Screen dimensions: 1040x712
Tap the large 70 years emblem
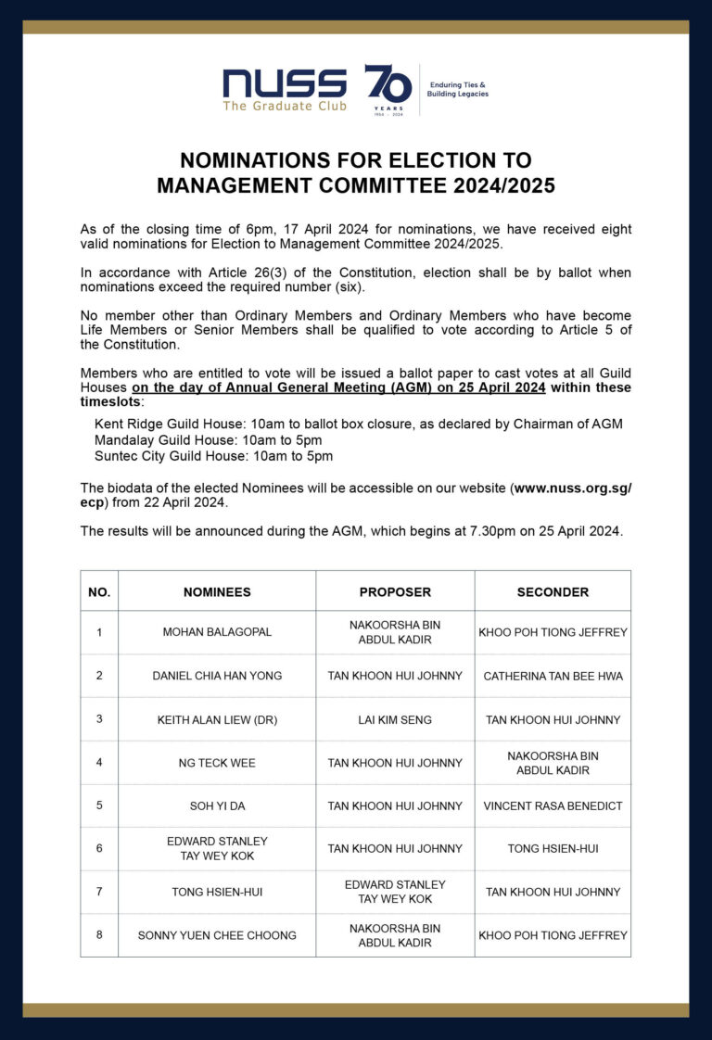pos(388,87)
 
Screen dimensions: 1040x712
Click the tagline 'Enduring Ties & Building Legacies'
pos(457,89)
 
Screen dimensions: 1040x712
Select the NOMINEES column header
pos(217,592)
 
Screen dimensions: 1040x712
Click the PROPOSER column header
pos(395,592)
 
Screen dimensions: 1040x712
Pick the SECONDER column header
pos(553,592)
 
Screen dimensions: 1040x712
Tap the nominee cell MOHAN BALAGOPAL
pos(217,632)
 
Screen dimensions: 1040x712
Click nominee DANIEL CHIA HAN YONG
pos(217,676)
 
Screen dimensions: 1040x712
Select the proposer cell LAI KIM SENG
pos(395,719)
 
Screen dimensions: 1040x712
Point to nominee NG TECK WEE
pos(217,763)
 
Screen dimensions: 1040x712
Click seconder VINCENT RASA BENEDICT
pos(553,806)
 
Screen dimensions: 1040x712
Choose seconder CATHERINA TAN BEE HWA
pos(553,676)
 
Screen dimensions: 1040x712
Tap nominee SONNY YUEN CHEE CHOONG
pos(217,935)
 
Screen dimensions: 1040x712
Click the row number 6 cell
pos(99,848)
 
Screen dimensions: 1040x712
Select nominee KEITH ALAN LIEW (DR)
pos(217,719)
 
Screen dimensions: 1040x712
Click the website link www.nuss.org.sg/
pos(573,488)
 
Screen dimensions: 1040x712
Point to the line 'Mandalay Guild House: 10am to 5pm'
pos(208,440)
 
